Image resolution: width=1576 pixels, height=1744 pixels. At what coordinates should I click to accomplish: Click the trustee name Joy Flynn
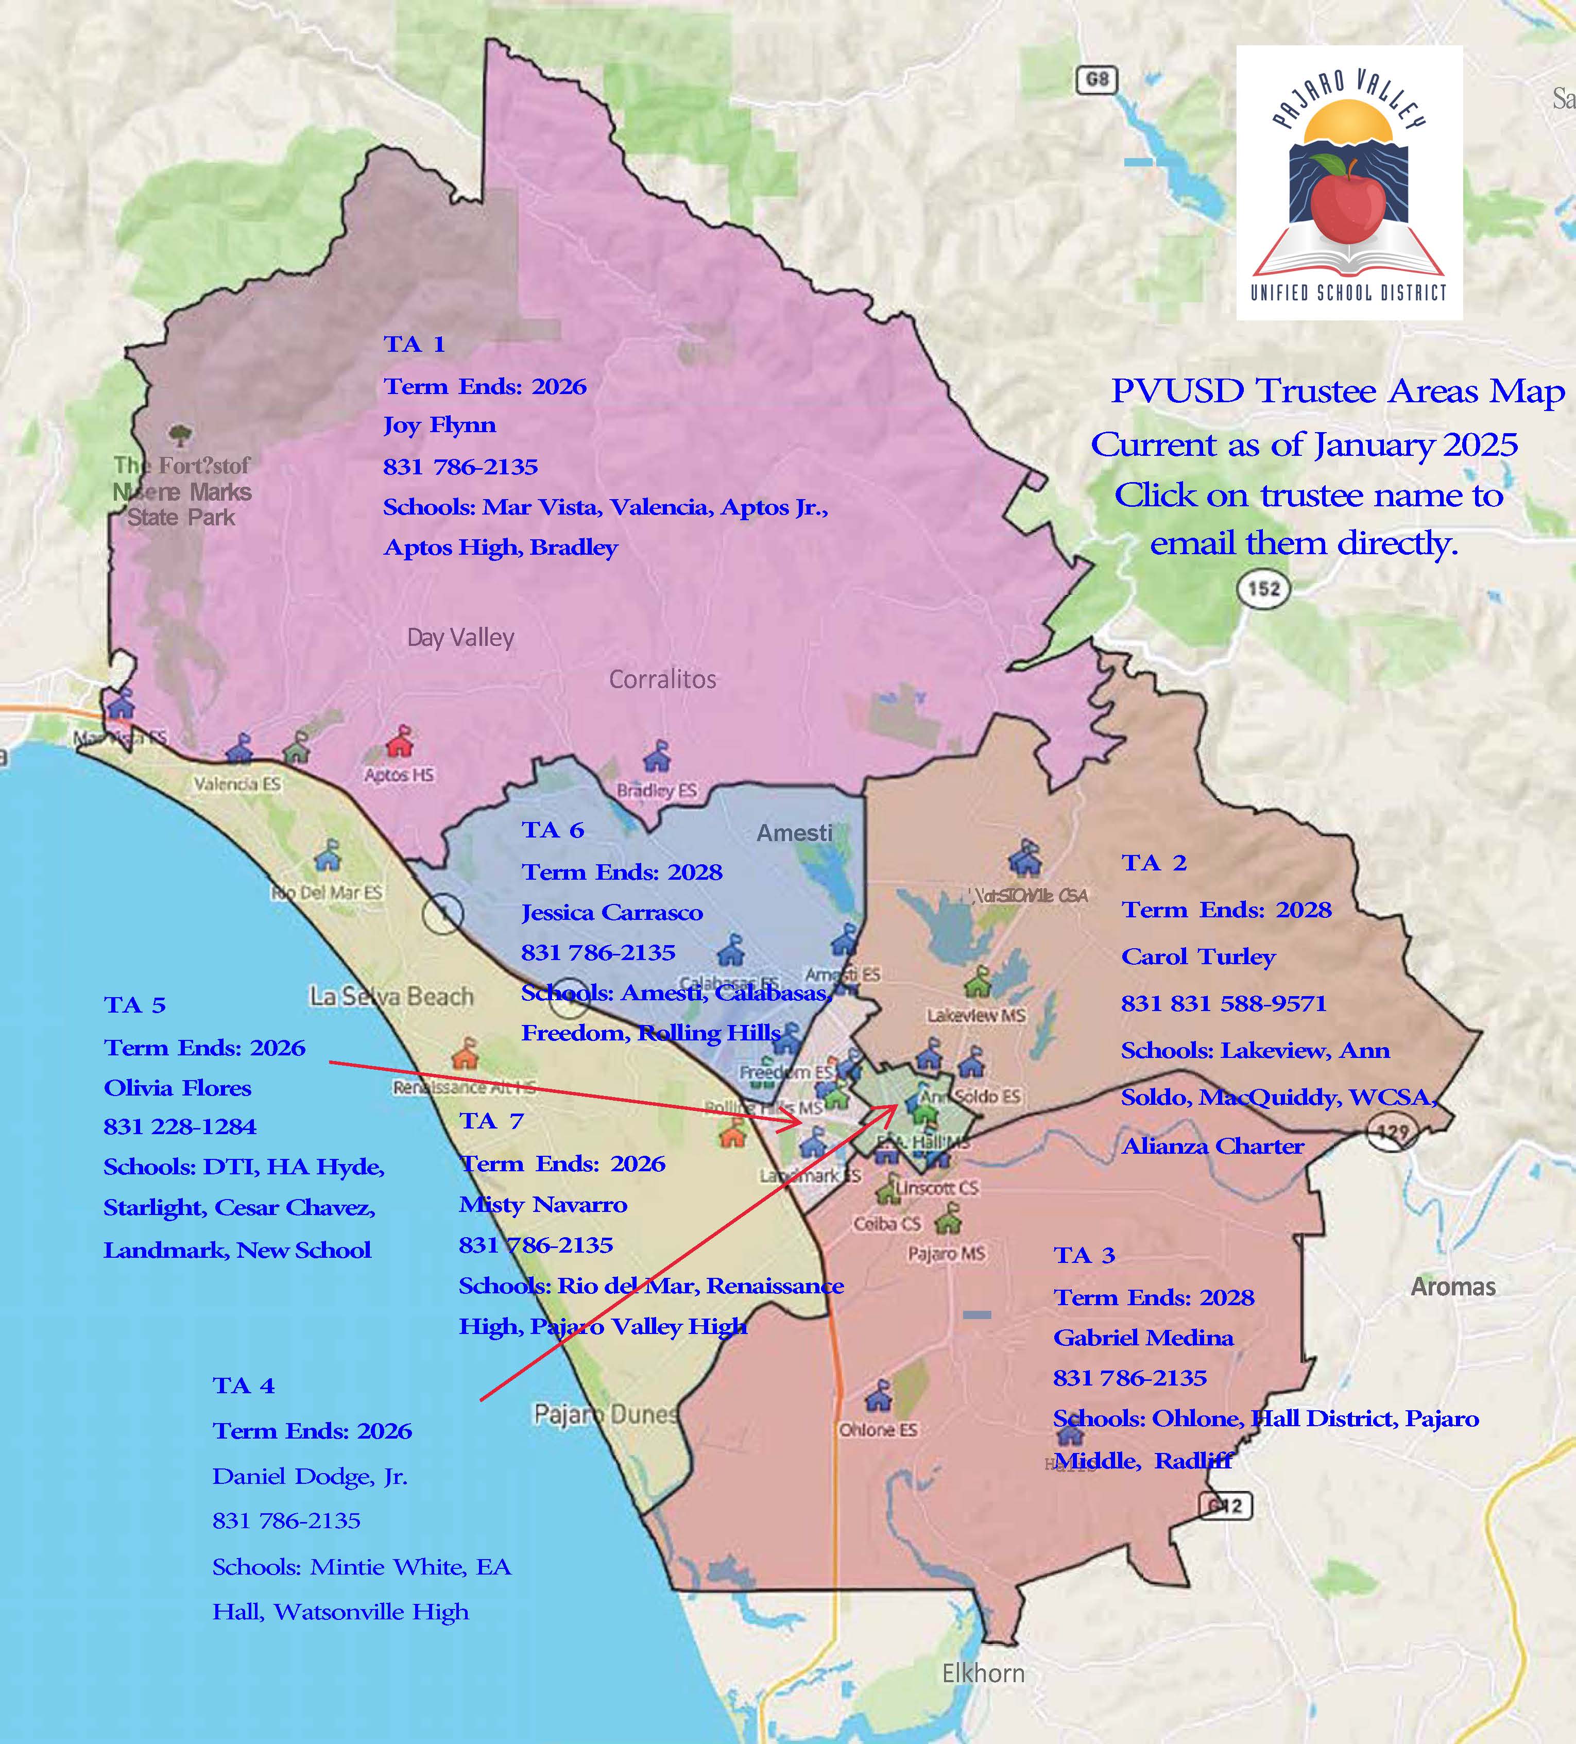coord(439,425)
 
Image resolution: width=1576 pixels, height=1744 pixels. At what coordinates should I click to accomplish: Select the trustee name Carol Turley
coord(1198,957)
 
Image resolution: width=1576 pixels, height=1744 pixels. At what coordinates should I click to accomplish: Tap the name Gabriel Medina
coord(1143,1338)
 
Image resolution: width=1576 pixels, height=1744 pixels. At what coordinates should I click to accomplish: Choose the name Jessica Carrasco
coord(611,913)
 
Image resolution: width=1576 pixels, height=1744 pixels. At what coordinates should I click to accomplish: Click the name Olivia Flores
coord(177,1088)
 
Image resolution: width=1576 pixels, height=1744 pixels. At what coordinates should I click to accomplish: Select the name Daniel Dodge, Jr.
coord(310,1476)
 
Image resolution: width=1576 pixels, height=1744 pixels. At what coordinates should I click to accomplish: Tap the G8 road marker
coord(1096,80)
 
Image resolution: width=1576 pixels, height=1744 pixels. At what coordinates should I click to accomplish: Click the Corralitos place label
coord(662,680)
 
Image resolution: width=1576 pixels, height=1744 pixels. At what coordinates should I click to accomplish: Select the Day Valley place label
coord(460,639)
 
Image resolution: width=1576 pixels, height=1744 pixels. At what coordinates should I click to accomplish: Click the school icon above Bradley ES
coord(657,757)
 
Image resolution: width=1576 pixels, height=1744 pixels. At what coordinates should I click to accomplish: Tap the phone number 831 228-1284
coord(180,1127)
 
